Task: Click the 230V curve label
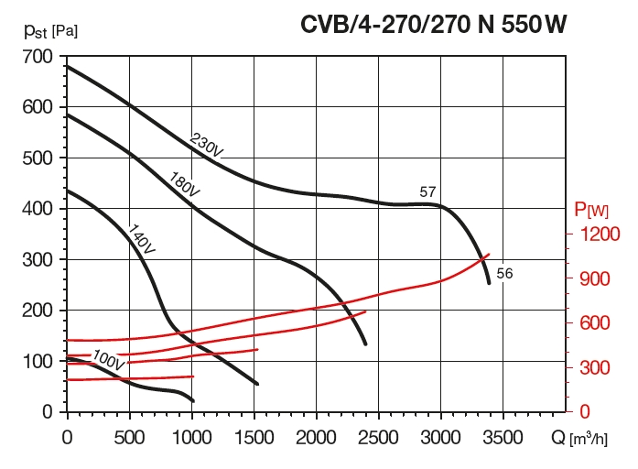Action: pyautogui.click(x=206, y=146)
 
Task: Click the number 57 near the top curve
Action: pyautogui.click(x=427, y=192)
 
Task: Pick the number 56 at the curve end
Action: pyautogui.click(x=504, y=274)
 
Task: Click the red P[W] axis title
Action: pyautogui.click(x=592, y=211)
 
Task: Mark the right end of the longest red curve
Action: pyautogui.click(x=490, y=255)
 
